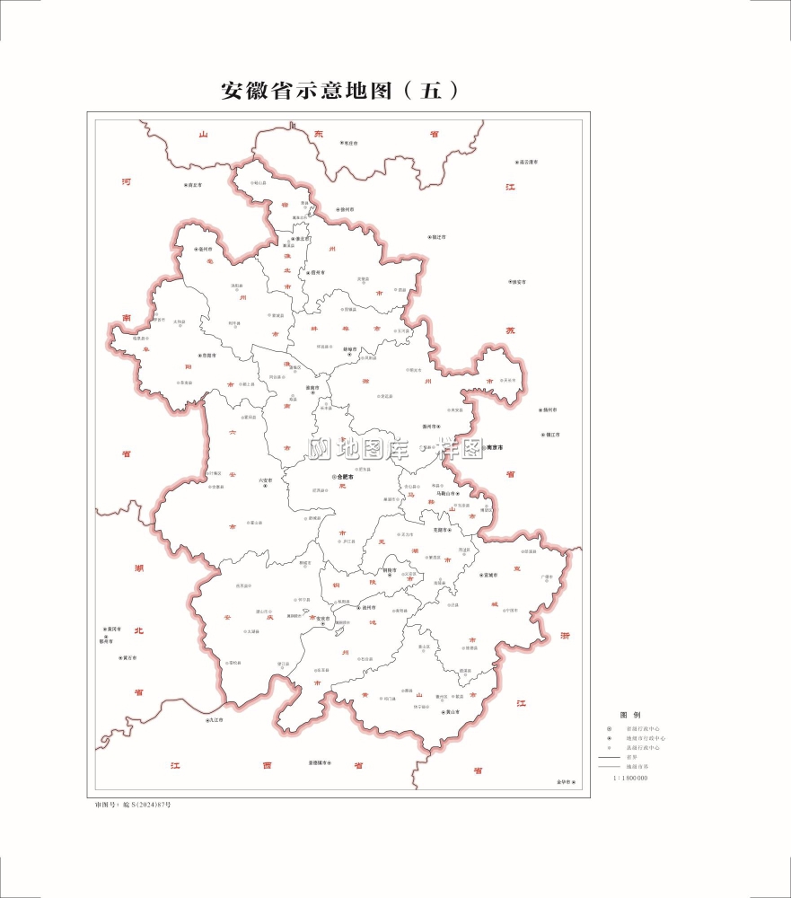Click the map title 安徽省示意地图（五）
340,91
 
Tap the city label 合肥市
343,477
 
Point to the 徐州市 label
347,209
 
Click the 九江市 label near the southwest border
214,720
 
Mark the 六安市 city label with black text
265,480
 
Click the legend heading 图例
629,715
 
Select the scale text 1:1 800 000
630,778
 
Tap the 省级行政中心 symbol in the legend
609,728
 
